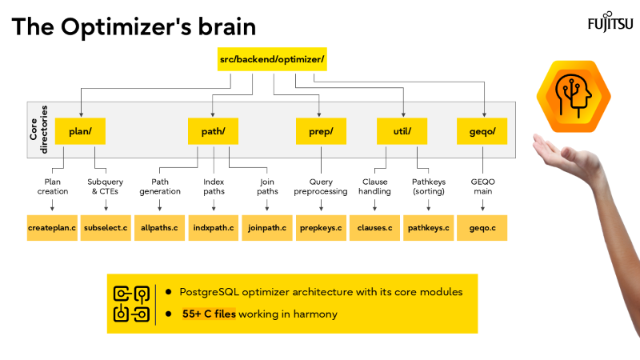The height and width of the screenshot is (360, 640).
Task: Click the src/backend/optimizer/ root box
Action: click(272, 60)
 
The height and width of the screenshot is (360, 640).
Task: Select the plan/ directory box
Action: click(81, 131)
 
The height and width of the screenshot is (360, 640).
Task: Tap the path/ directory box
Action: click(214, 131)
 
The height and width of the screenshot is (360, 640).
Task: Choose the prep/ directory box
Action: click(321, 131)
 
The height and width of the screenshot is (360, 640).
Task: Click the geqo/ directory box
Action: click(482, 131)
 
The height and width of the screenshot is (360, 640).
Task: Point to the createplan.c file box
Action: click(52, 228)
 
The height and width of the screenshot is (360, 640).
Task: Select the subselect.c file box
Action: click(106, 228)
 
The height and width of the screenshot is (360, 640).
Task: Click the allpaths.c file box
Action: click(159, 228)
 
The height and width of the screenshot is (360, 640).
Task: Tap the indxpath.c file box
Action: click(214, 228)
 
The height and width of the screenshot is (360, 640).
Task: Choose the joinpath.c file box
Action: click(267, 228)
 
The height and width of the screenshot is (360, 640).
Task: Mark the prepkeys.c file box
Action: click(321, 228)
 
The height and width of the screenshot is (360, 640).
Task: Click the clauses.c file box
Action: click(374, 228)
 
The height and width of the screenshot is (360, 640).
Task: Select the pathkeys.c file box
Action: click(429, 228)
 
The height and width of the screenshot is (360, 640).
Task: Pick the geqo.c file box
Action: click(482, 228)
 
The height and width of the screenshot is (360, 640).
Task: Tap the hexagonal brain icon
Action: click(570, 96)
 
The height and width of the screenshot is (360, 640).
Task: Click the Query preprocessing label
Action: click(321, 186)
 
